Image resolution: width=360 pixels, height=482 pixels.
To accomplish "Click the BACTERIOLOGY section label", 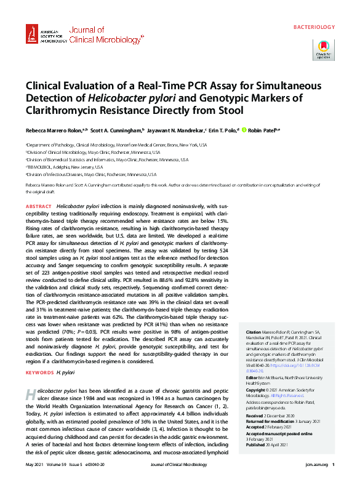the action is click(x=314, y=27).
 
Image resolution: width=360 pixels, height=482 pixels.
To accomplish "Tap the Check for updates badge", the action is click(x=324, y=49).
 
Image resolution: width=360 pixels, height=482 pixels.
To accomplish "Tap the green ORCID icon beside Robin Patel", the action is click(x=244, y=130).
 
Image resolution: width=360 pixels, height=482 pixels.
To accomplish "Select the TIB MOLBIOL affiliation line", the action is click(x=65, y=166).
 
